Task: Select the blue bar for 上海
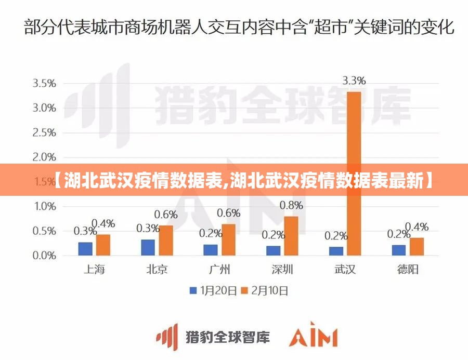(85, 249)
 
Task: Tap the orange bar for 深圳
(291, 236)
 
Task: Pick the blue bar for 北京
(148, 248)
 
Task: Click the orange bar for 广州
(228, 240)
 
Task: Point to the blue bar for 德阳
(399, 250)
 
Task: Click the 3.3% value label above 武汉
(354, 81)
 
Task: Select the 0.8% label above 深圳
(291, 206)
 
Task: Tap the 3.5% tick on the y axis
(44, 83)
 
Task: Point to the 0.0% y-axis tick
(44, 256)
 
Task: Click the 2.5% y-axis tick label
(44, 132)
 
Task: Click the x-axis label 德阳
(408, 270)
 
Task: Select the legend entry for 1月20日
(213, 291)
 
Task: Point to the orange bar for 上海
(103, 245)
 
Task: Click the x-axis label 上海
(94, 270)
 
